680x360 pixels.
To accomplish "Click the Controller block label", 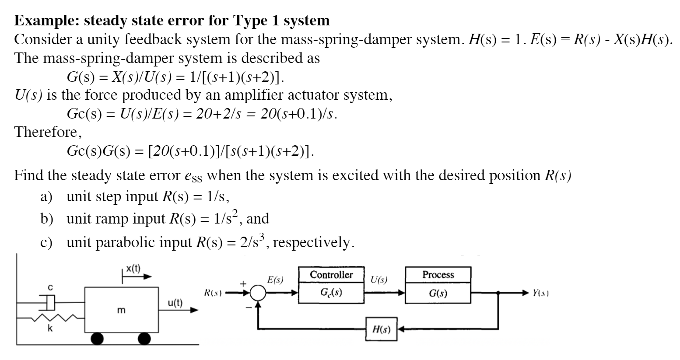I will click(331, 275).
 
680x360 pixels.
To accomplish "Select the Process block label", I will click(438, 275).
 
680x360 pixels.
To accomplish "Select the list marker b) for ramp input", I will click(47, 218).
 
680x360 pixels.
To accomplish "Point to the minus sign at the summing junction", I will click(248, 308).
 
